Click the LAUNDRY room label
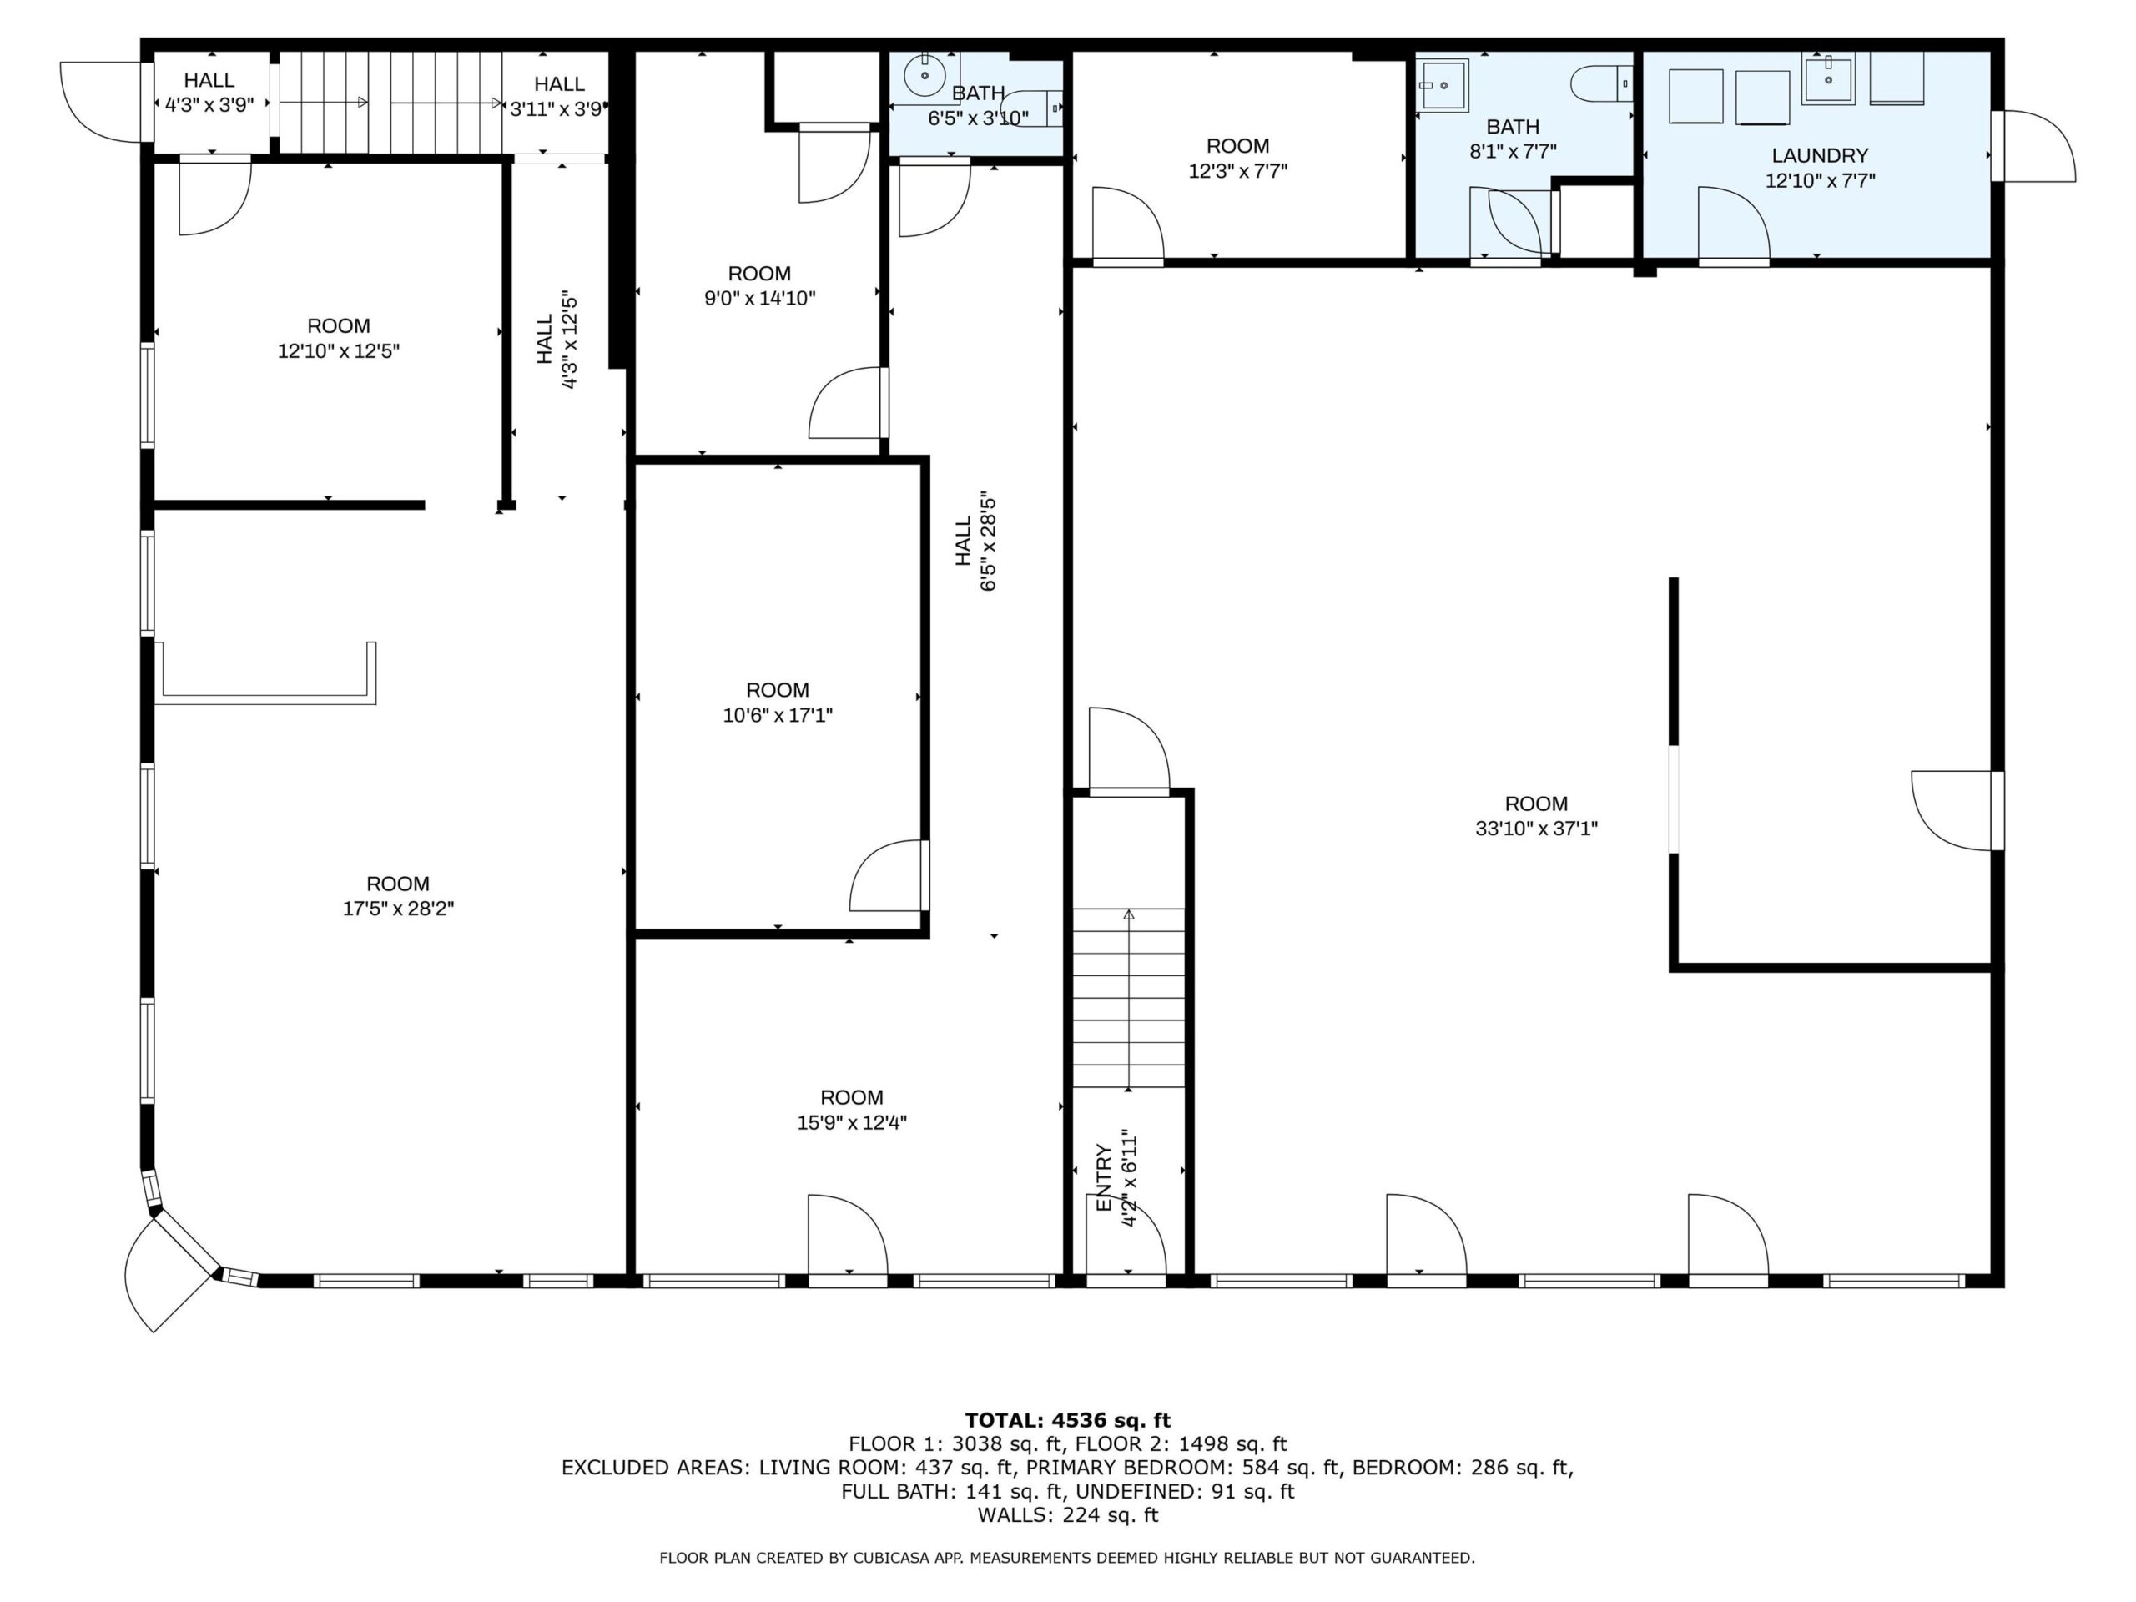click(1819, 155)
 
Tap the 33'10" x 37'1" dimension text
click(1536, 829)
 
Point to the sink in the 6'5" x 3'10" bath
click(925, 73)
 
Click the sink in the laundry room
click(1828, 80)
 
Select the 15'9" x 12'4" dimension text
click(852, 1122)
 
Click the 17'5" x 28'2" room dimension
click(398, 909)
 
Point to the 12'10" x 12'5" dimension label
click(338, 350)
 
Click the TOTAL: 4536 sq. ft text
click(1067, 1420)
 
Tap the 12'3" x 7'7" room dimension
click(1237, 171)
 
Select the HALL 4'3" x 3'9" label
click(209, 93)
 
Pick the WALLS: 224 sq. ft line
click(1067, 1515)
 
